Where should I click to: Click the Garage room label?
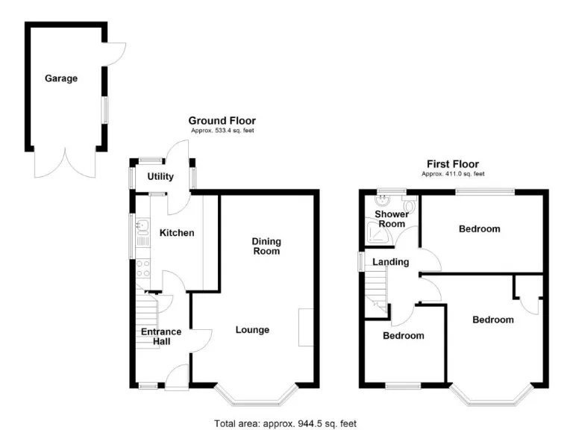[x=61, y=78]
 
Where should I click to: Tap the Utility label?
[x=160, y=177]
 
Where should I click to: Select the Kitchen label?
[x=177, y=233]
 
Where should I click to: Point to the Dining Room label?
[x=266, y=246]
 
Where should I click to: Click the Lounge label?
[x=252, y=330]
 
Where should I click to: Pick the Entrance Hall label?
[x=161, y=337]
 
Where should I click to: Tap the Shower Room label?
[x=391, y=219]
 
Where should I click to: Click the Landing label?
[x=391, y=262]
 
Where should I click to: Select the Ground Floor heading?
[x=222, y=120]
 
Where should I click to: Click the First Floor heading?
[x=453, y=164]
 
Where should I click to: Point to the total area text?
[x=286, y=423]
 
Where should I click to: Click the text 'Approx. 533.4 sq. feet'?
[x=222, y=131]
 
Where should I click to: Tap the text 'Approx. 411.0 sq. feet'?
[x=453, y=174]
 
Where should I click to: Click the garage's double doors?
[x=66, y=163]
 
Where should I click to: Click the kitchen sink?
[x=140, y=225]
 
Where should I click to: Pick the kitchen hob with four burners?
[x=143, y=268]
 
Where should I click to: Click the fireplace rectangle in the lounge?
[x=305, y=327]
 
